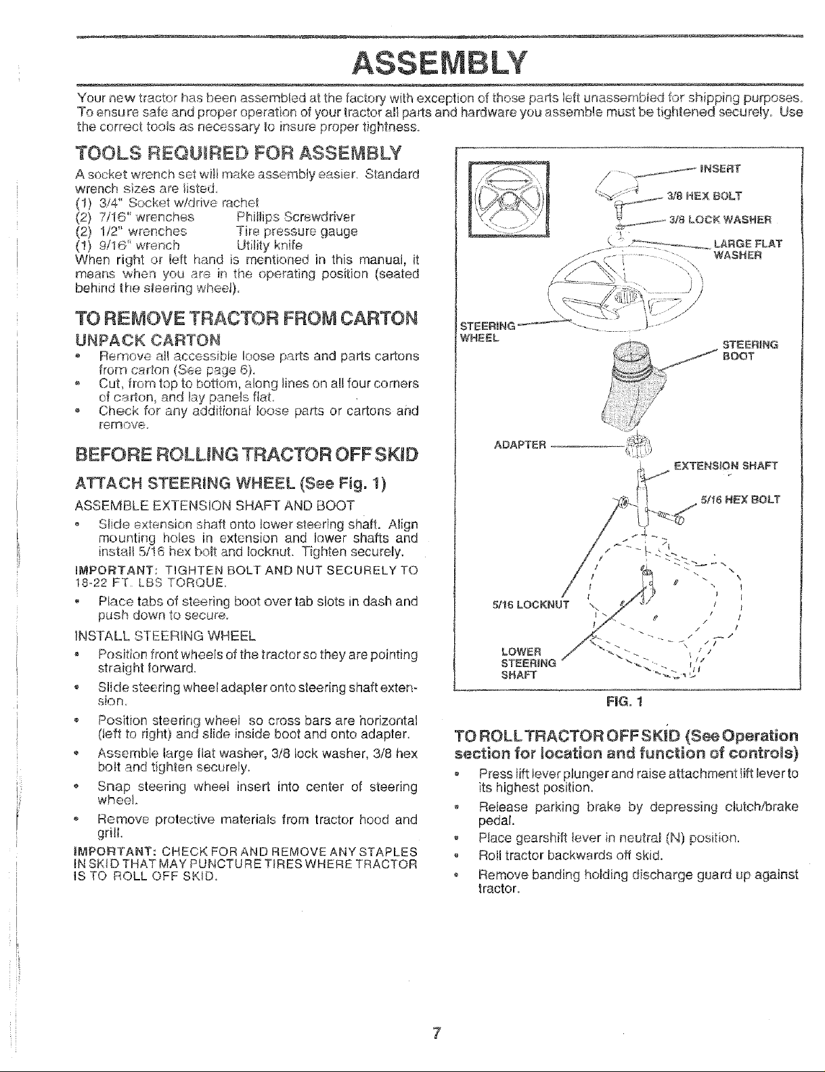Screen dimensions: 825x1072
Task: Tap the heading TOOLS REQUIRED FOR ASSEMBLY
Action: coord(238,154)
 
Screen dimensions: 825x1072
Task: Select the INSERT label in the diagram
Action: coord(720,169)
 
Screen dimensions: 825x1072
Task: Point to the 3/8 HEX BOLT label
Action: coord(704,196)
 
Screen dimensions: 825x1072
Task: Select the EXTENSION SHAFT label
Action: coord(726,466)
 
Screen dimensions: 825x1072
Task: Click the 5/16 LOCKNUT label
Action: coord(531,605)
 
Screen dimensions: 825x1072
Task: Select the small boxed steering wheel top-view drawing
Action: coord(509,199)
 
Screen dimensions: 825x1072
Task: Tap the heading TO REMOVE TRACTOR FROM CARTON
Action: coord(246,319)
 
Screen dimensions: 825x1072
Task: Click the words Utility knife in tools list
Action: coord(269,245)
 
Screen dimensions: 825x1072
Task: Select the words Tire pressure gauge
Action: coord(297,232)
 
